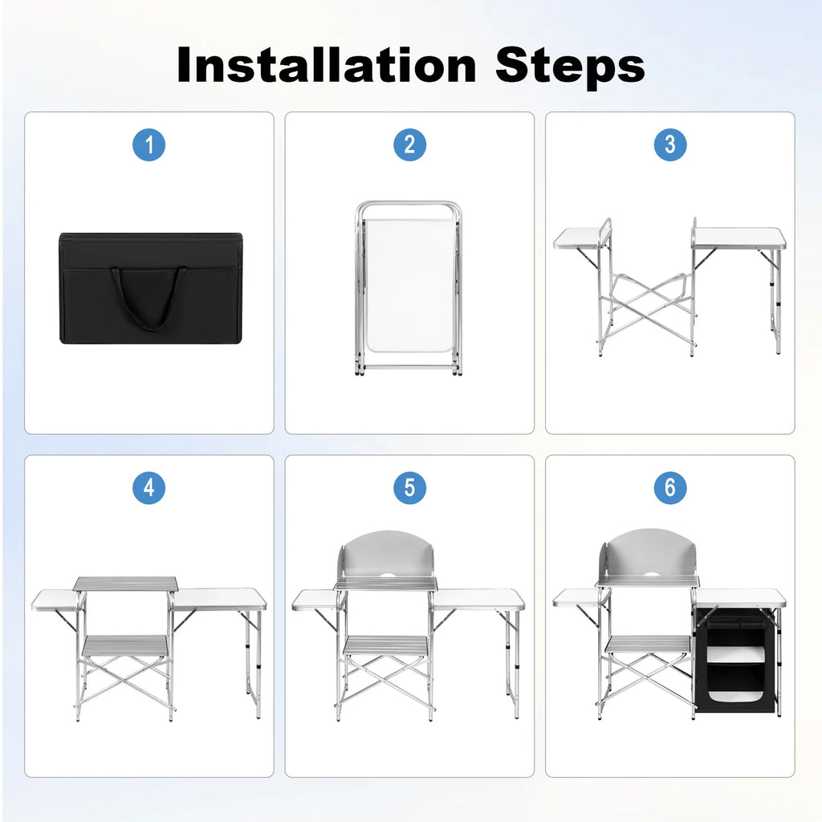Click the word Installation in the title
coord(327,65)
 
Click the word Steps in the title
coord(570,67)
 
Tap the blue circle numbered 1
coord(149,144)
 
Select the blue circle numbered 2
coord(409,144)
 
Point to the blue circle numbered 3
coord(670,144)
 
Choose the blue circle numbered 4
coord(149,488)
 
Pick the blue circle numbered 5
coord(409,488)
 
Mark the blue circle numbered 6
coord(670,488)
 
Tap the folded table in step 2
coord(409,288)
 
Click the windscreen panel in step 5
coord(387,557)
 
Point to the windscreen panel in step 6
coord(648,555)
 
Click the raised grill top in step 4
coord(126,584)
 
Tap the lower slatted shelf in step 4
coord(124,645)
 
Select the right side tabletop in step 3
coord(739,238)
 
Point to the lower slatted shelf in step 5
coord(385,646)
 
